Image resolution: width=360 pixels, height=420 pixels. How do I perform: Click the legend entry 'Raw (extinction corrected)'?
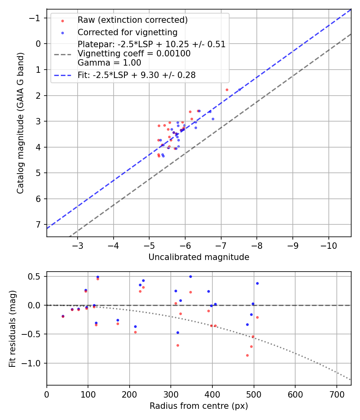132,20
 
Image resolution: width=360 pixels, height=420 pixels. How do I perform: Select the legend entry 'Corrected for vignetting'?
127,32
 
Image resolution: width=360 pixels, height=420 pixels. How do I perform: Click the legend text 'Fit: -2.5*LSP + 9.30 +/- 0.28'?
136,75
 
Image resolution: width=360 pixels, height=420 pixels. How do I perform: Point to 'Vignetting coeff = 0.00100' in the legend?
134,54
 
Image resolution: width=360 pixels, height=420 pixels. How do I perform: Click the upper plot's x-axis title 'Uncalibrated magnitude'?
199,257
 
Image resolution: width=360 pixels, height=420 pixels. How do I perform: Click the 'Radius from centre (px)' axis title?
199,406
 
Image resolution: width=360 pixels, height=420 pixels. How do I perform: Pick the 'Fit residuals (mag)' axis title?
12,328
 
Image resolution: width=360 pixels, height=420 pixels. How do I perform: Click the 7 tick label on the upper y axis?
39,224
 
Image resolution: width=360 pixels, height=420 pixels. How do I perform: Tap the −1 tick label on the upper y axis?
36,18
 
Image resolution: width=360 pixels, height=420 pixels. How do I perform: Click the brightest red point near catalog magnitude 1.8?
227,90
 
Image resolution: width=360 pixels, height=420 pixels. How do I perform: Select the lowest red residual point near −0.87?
247,355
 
